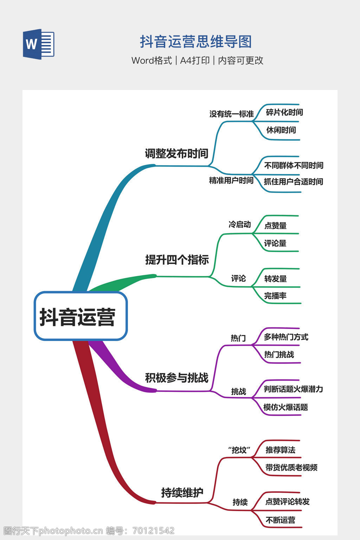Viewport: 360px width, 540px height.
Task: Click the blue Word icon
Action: (x=39, y=44)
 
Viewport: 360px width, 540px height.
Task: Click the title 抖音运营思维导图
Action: (x=196, y=42)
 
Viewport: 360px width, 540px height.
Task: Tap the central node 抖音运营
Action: (x=81, y=316)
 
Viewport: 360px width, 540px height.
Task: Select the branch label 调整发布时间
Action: (x=176, y=153)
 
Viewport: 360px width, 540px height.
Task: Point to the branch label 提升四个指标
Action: (x=177, y=260)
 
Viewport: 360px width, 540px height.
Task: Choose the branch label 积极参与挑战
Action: (x=177, y=378)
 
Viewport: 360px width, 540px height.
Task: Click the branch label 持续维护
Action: (x=182, y=492)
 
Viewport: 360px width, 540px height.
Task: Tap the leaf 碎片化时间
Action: (x=284, y=112)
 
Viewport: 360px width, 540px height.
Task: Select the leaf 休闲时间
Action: (x=281, y=130)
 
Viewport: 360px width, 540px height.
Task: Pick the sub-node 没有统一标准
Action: (x=231, y=114)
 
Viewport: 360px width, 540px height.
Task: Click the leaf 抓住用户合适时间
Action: (x=294, y=181)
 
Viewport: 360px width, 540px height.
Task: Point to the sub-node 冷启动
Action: (x=240, y=224)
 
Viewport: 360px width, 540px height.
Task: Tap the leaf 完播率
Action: (x=275, y=296)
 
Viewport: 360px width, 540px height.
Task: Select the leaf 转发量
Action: (x=276, y=279)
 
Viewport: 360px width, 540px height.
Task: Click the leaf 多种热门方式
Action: (x=286, y=337)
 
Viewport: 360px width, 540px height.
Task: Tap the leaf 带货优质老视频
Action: (x=291, y=468)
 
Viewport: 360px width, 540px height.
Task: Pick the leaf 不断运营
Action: (x=281, y=520)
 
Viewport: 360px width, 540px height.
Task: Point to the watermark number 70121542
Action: (x=153, y=531)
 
